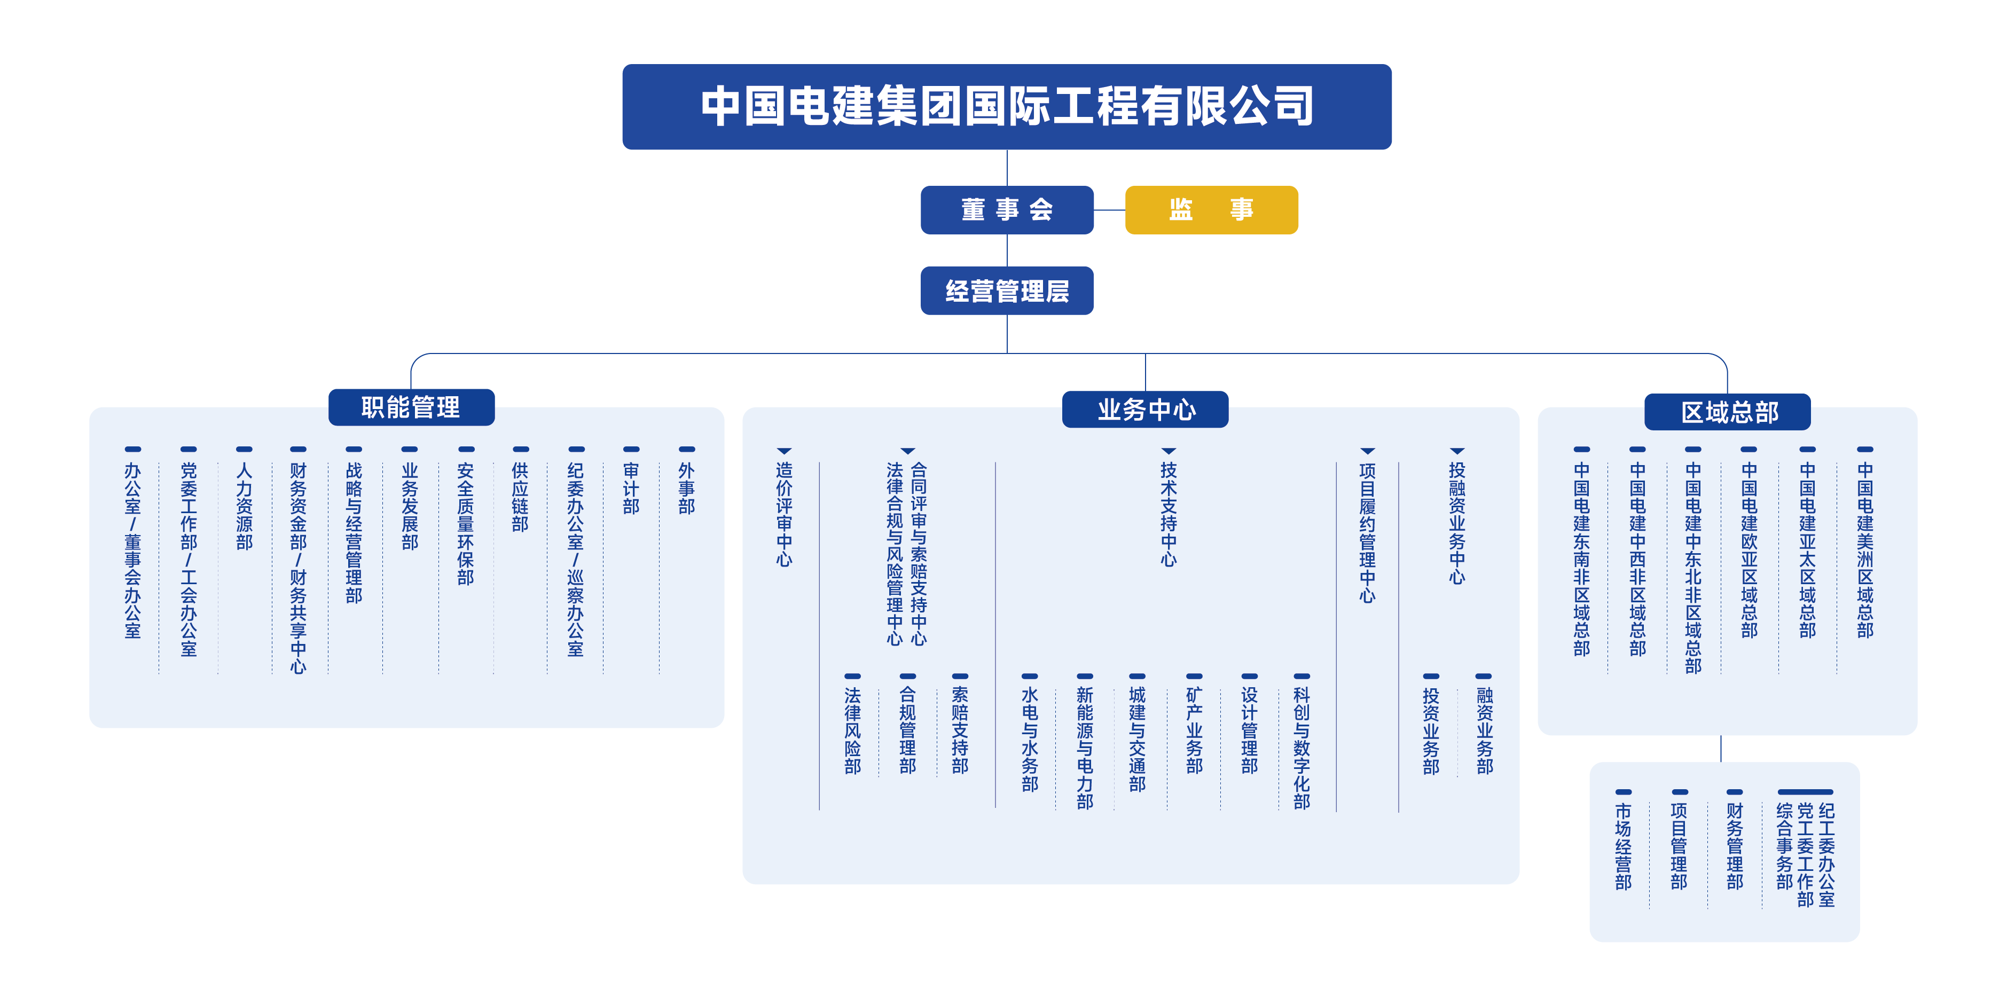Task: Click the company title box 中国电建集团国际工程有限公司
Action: pyautogui.click(x=1006, y=106)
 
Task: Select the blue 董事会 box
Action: pyautogui.click(x=1006, y=210)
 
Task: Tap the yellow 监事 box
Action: pyautogui.click(x=1211, y=210)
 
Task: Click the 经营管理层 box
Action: pyautogui.click(x=1006, y=291)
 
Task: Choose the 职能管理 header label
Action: pyautogui.click(x=411, y=407)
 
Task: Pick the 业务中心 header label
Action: pyautogui.click(x=1144, y=409)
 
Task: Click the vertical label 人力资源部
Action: pyautogui.click(x=244, y=506)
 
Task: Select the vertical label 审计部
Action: pyautogui.click(x=631, y=488)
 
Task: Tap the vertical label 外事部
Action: pyautogui.click(x=686, y=488)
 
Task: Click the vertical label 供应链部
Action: pyautogui.click(x=520, y=498)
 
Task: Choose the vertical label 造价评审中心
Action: pyautogui.click(x=784, y=514)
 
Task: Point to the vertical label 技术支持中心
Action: pyautogui.click(x=1168, y=514)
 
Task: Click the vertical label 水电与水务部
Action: pyautogui.click(x=1030, y=739)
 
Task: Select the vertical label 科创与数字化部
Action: pyautogui.click(x=1301, y=748)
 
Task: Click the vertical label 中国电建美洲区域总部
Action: pyautogui.click(x=1865, y=550)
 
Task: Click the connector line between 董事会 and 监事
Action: pyautogui.click(x=1109, y=210)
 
